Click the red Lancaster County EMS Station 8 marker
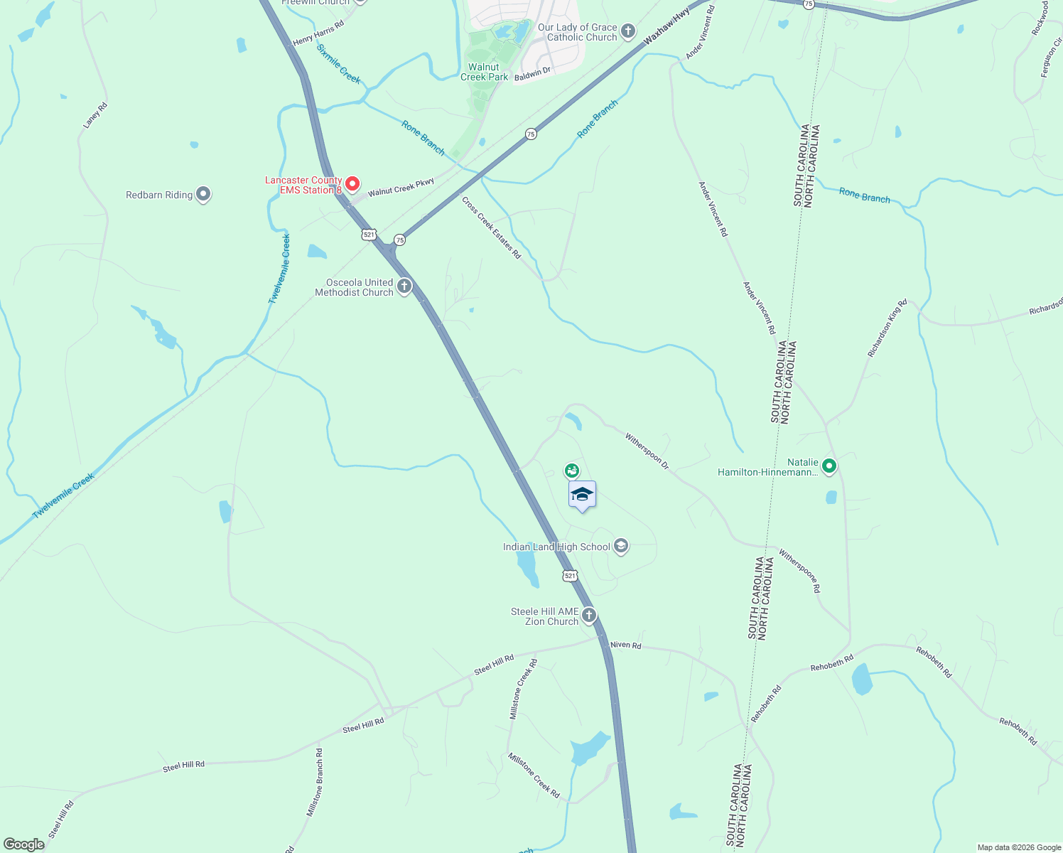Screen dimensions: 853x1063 coord(352,184)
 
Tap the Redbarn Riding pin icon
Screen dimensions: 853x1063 coord(203,194)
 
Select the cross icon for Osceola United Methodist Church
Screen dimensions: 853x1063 coord(404,286)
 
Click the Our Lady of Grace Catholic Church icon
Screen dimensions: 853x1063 coord(627,31)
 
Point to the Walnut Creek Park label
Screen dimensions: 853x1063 coord(485,72)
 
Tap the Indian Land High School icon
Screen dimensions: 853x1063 coord(620,546)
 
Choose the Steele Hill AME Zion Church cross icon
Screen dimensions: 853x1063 coord(588,615)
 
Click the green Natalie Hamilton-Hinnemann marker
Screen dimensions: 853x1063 coord(829,466)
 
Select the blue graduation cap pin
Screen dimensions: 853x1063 coord(582,495)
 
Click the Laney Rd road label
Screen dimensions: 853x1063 coord(95,116)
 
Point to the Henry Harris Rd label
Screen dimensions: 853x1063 coord(318,33)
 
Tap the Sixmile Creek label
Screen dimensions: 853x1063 coord(339,64)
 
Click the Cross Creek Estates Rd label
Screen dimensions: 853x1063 coord(491,227)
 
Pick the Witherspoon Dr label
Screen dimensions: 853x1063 coord(647,451)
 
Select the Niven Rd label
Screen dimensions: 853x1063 coord(625,645)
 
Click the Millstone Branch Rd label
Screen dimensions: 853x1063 coord(315,782)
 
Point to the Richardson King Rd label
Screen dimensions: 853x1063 coord(887,328)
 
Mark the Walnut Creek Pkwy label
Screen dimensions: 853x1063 coord(401,188)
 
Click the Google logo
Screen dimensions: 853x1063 coord(23,844)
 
